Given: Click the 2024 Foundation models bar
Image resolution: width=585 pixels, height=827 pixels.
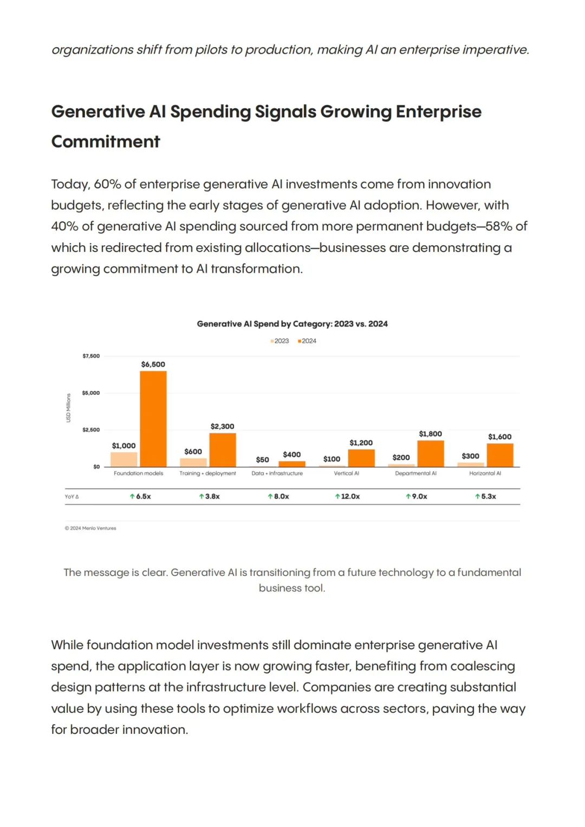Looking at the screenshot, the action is (x=153, y=419).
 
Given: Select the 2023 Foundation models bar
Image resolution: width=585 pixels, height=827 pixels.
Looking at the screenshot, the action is (x=123, y=459).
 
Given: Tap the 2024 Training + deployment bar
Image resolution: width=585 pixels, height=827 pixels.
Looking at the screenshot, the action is (x=222, y=450).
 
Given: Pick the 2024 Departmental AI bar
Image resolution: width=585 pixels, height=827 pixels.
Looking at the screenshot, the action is (x=431, y=453).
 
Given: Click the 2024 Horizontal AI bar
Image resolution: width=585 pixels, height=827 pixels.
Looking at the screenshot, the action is (x=500, y=455).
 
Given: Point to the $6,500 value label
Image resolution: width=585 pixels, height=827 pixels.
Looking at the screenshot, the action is (x=153, y=364).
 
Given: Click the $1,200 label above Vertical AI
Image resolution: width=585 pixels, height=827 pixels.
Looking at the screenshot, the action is (x=361, y=442).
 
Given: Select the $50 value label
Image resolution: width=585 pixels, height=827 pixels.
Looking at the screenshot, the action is (x=262, y=460).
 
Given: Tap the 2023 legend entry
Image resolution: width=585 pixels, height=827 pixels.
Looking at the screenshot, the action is (x=279, y=341).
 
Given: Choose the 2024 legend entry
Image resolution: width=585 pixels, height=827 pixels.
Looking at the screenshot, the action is (x=307, y=341).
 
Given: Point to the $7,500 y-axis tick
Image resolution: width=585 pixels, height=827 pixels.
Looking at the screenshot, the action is (x=91, y=356).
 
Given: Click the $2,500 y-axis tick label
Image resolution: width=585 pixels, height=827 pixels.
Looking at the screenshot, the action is (x=91, y=429).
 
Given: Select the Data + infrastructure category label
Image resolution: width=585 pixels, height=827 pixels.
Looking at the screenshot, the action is (x=277, y=473).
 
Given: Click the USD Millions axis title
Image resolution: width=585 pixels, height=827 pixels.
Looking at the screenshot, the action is (x=68, y=408).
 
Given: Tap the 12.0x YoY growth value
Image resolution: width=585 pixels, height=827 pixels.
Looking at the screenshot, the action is (x=347, y=497).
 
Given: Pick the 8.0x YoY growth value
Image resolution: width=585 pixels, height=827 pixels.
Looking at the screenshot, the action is (x=278, y=497).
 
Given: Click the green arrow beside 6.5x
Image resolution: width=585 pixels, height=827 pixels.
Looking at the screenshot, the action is (x=132, y=497).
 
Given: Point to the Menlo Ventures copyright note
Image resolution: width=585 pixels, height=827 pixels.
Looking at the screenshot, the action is (x=90, y=529).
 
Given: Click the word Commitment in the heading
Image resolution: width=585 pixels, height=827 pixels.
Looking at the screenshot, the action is (x=106, y=142).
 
